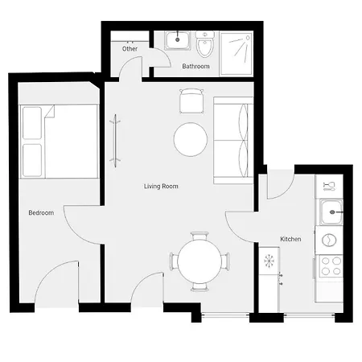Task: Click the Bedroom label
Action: coord(41,212)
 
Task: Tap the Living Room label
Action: coord(161,186)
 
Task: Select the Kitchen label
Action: coord(290,239)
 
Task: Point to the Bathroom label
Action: coord(195,66)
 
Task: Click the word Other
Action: coord(130,49)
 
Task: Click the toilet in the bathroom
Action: coord(205,44)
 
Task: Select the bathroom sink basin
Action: coord(178,40)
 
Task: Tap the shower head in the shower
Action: coord(248,38)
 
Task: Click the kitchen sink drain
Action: coord(332,212)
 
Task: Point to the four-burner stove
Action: coord(331,266)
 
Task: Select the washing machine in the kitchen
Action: coord(329,240)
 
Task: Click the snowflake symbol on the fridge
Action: coord(269,261)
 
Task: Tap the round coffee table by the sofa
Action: coord(191,139)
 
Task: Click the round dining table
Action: coord(200,261)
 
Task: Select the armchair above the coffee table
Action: coord(191,101)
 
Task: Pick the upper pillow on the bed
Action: coord(32,123)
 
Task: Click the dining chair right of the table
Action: coord(226,261)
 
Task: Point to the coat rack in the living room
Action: coord(115,141)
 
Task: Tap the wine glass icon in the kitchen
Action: coord(329,186)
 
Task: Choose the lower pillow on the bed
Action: coord(32,160)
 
